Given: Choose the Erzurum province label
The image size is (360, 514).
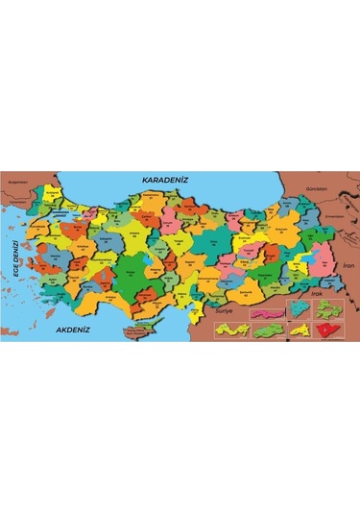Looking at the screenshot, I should point(279,230).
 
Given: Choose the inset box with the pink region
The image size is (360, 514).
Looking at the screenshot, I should point(265,311).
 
